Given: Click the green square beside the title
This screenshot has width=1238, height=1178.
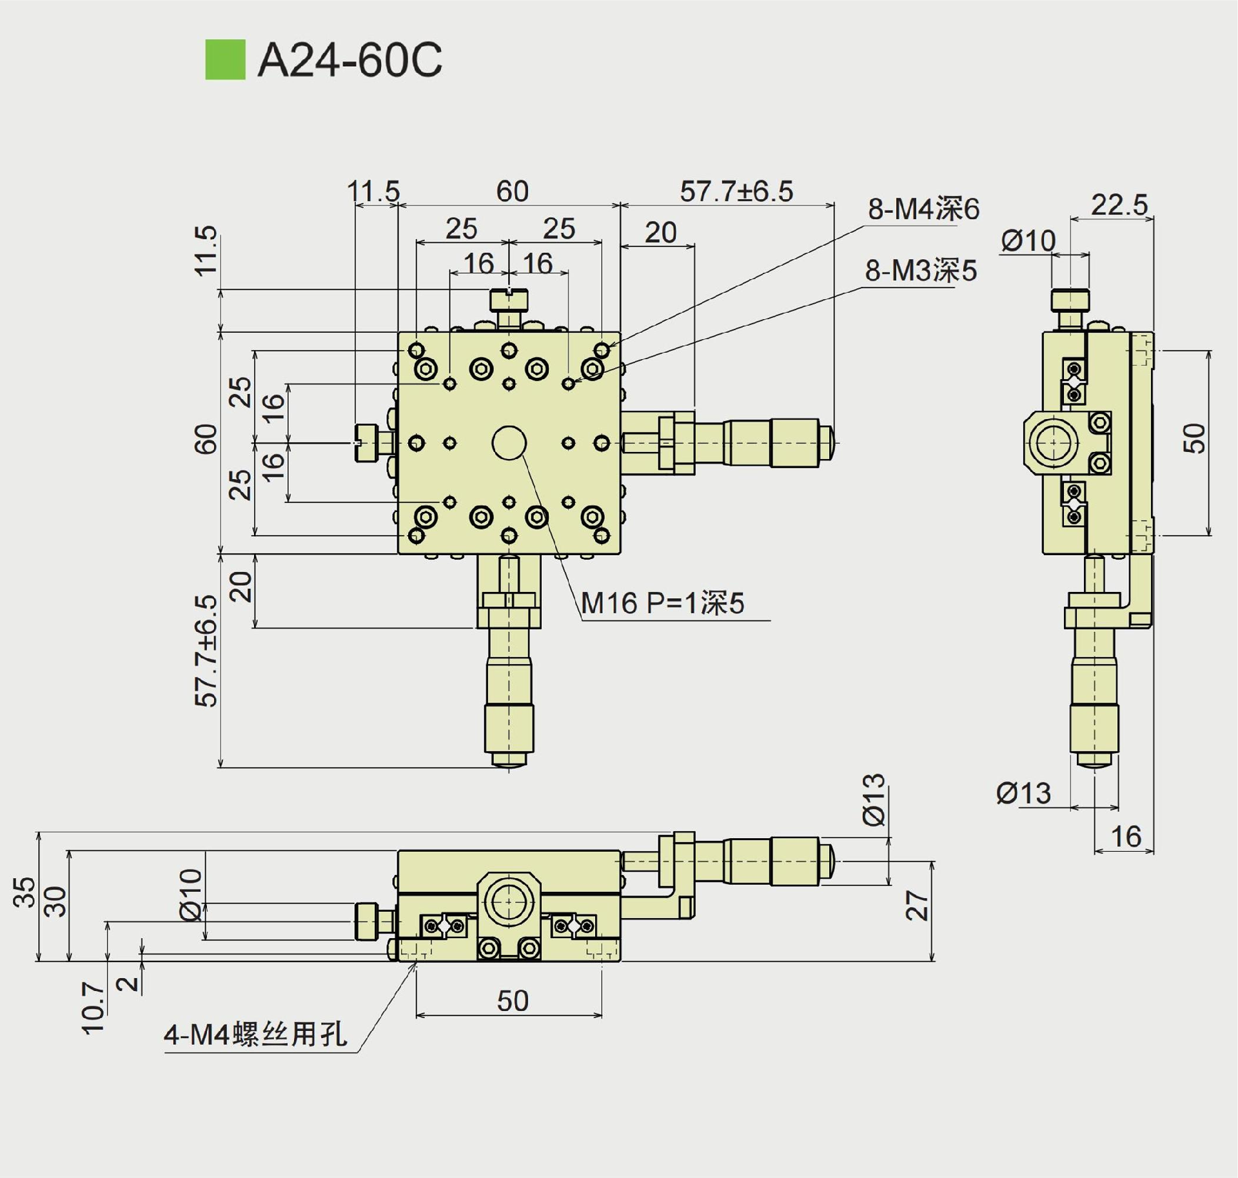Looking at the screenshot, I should [x=225, y=59].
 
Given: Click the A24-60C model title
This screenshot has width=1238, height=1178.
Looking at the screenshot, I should [x=349, y=60].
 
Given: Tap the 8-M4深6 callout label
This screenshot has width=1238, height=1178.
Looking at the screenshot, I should [x=923, y=209].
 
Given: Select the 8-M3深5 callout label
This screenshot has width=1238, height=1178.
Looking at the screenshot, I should [x=920, y=271].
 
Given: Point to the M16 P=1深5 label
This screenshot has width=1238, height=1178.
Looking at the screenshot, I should [x=662, y=604].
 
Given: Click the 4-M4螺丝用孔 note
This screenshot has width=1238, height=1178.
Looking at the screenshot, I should [x=255, y=1034].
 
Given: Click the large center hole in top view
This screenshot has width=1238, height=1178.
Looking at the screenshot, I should [x=509, y=443].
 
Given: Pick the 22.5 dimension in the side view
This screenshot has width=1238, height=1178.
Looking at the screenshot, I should [x=1119, y=205].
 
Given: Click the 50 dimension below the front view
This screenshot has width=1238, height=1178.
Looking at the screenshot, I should [x=513, y=1001].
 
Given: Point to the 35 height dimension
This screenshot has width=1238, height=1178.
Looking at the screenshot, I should [x=25, y=892].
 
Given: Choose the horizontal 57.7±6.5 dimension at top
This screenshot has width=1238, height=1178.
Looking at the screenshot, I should [x=736, y=191].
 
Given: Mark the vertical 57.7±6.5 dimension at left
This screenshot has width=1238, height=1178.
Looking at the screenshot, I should [x=206, y=651].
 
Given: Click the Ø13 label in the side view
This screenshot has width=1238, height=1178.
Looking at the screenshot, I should [x=1023, y=793].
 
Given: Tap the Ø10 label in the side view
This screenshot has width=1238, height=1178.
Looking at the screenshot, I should [x=1028, y=241].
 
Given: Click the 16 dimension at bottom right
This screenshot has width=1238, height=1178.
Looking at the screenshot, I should [x=1126, y=837].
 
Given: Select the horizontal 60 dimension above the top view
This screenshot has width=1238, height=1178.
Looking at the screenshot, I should [x=512, y=191].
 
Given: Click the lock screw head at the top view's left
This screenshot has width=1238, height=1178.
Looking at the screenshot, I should [x=365, y=443].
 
